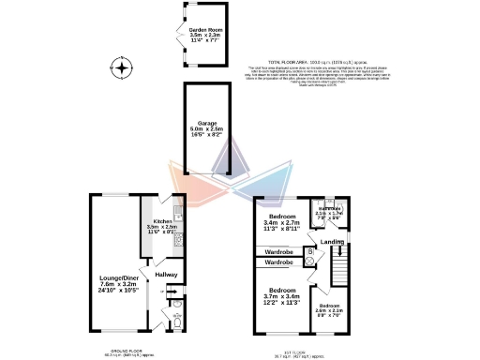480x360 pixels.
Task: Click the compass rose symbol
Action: pos(120,67)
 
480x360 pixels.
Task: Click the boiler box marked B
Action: pos(309,252)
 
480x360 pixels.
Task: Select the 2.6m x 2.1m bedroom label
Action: pos(330,310)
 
